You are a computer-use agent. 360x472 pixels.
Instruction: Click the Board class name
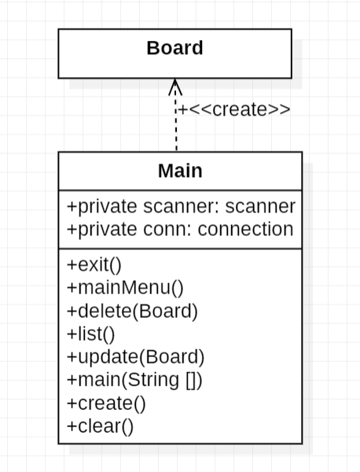174,48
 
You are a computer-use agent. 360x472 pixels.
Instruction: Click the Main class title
179,171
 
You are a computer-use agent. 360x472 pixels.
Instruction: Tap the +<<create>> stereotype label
233,109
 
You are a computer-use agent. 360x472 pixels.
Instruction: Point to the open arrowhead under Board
175,85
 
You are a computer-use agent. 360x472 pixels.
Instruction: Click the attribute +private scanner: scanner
181,207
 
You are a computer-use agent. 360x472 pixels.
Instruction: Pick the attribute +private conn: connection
180,229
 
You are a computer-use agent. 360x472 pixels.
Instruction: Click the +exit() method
94,264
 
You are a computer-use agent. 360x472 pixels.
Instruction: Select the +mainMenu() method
125,286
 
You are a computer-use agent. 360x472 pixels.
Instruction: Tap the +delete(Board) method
132,310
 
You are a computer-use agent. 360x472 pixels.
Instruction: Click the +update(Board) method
135,356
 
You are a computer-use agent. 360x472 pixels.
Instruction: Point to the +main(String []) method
135,380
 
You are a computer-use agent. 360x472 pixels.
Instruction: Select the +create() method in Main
106,404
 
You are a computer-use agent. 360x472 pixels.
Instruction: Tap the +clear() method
101,426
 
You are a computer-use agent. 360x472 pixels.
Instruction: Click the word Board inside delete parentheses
163,310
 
